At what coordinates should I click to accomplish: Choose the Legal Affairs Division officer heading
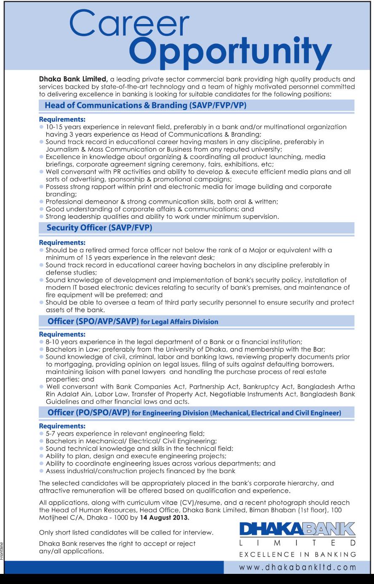[x=133, y=321]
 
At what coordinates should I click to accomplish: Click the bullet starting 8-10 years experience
[x=174, y=342]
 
